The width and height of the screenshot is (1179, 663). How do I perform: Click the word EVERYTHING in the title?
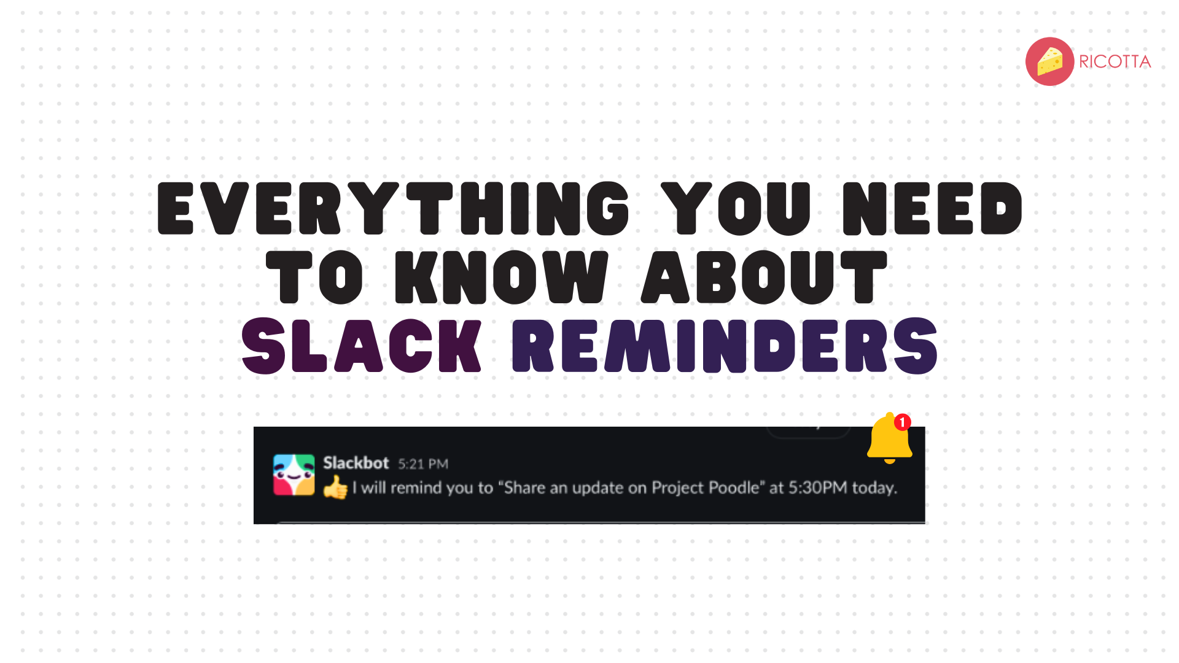(x=393, y=209)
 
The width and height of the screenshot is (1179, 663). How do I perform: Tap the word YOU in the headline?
(x=736, y=209)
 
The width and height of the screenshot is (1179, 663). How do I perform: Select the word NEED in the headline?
(x=932, y=209)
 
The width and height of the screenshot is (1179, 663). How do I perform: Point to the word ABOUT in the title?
(x=765, y=277)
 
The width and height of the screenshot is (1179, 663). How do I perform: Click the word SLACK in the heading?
(x=361, y=346)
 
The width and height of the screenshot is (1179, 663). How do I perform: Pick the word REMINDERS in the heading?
(x=725, y=346)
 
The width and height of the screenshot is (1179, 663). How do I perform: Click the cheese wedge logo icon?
(x=1049, y=61)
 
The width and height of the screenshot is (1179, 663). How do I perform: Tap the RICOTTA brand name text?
(x=1115, y=62)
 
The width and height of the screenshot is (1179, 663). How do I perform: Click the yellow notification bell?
(x=889, y=440)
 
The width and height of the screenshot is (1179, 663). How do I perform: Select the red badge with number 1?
(x=902, y=422)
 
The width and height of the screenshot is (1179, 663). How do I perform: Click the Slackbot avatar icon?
(x=294, y=475)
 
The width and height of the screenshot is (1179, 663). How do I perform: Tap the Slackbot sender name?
(x=356, y=463)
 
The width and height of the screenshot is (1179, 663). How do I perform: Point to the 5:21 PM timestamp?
(x=423, y=464)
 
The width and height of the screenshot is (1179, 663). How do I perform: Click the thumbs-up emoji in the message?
(x=335, y=489)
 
